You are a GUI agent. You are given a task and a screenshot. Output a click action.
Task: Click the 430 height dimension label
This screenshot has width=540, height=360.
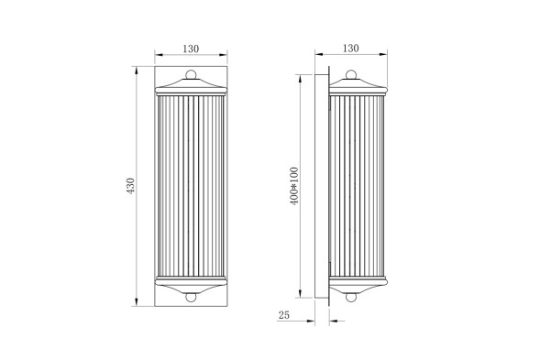pos(130,186)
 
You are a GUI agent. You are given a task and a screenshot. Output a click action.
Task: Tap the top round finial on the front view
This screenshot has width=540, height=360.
pos(191,76)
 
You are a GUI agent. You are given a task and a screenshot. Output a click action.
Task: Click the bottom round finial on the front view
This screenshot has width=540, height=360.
pos(191,295)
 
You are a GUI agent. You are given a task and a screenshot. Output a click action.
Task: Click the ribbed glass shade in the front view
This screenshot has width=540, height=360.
pos(191,186)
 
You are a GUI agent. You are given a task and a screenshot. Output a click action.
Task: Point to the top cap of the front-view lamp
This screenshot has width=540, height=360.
pos(191,88)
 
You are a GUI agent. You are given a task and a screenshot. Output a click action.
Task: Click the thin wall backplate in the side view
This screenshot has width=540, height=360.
pos(324,186)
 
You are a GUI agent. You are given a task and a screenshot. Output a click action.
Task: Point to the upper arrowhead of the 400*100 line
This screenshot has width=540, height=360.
pos(302,75)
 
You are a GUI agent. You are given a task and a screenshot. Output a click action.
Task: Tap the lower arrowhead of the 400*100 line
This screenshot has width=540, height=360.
pos(302,297)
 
